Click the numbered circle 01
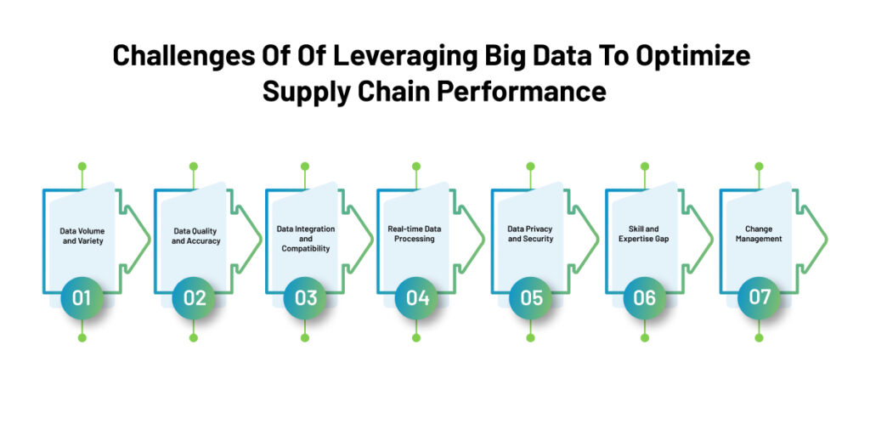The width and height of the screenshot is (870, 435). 82,297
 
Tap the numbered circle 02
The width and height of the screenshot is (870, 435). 194,297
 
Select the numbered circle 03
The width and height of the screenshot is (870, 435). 305,297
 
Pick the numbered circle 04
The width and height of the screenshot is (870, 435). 416,297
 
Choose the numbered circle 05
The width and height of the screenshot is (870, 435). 530,297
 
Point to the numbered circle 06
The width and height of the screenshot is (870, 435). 644,297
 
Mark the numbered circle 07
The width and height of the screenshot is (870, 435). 759,297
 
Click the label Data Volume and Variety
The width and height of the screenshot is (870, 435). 82,235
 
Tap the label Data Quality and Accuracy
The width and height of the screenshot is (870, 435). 195,235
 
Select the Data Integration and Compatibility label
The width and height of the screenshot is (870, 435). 306,239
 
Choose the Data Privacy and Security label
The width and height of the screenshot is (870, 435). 530,234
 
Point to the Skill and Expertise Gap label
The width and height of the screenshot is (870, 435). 644,234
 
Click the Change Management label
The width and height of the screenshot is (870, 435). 759,234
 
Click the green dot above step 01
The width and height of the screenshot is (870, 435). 82,167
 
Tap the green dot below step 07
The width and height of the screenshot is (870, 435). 759,337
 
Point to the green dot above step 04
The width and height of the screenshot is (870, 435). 416,167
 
